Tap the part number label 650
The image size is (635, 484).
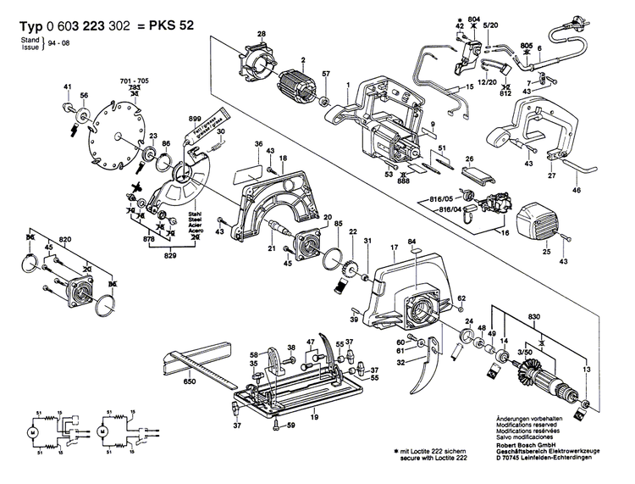tap(190, 382)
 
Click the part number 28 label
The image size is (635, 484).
tap(262, 33)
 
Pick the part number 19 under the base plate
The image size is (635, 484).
tap(313, 417)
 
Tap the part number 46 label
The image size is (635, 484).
tap(577, 192)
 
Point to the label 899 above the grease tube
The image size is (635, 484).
tap(195, 119)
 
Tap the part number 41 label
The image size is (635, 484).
tap(67, 87)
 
